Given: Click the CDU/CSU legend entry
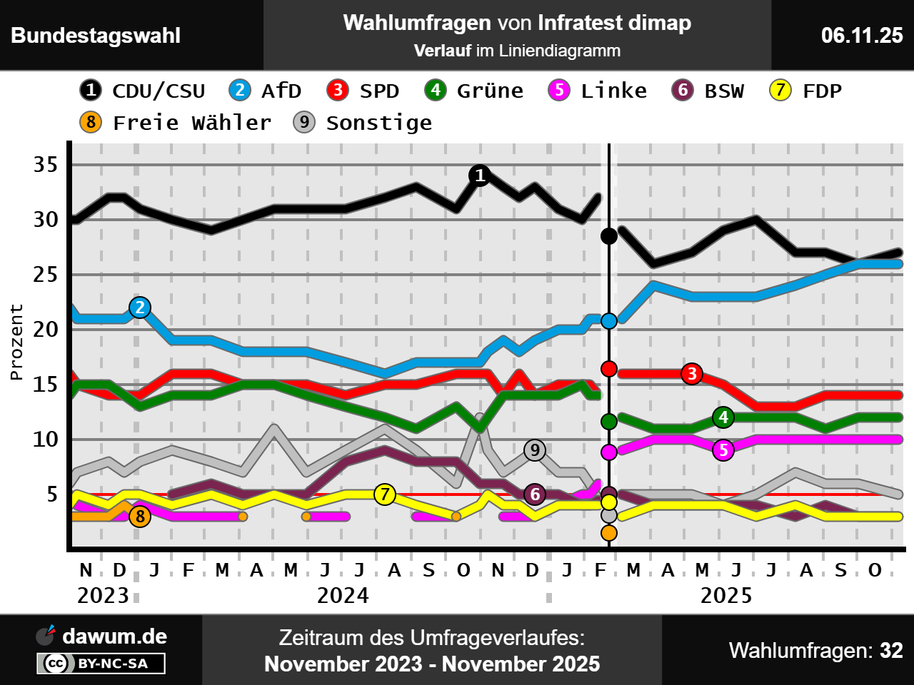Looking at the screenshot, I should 143,91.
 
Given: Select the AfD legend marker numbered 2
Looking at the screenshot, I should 240,90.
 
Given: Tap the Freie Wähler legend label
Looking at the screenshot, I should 192,123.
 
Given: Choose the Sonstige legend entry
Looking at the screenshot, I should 363,123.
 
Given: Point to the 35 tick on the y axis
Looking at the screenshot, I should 46,165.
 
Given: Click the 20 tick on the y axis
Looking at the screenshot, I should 46,329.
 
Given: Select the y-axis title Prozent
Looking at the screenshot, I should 16,342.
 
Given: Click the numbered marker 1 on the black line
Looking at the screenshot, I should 480,175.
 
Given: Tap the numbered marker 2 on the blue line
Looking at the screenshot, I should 140,308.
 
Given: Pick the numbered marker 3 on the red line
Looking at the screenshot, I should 691,373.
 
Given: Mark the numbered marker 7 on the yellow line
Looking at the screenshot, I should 385,494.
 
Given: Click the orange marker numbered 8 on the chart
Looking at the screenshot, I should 140,517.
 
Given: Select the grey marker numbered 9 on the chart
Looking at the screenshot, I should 535,450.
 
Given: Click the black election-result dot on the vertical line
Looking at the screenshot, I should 609,235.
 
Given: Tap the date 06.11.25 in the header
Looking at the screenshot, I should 862,35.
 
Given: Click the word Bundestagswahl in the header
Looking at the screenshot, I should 96,35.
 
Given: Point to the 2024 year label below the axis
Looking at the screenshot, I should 343,595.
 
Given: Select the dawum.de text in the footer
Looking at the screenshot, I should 114,636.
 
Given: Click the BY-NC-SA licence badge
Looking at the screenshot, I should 101,664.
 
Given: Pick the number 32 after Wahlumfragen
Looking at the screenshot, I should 891,650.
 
